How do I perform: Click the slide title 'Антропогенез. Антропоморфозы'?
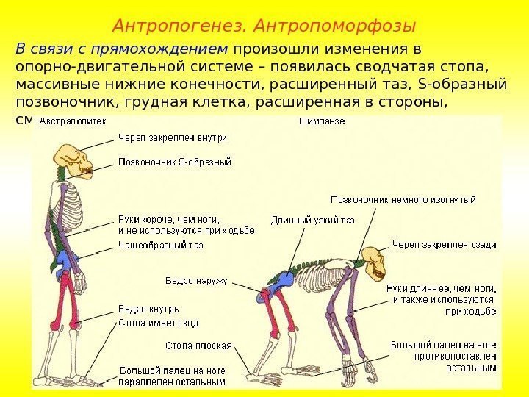point(264,26)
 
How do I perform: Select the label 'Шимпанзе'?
point(321,121)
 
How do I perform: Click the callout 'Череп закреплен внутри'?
point(173,137)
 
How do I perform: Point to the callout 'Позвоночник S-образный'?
point(175,160)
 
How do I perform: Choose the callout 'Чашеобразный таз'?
point(161,246)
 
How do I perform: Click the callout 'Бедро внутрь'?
point(148,309)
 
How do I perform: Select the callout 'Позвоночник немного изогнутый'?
point(403,199)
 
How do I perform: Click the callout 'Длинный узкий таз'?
point(312,219)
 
